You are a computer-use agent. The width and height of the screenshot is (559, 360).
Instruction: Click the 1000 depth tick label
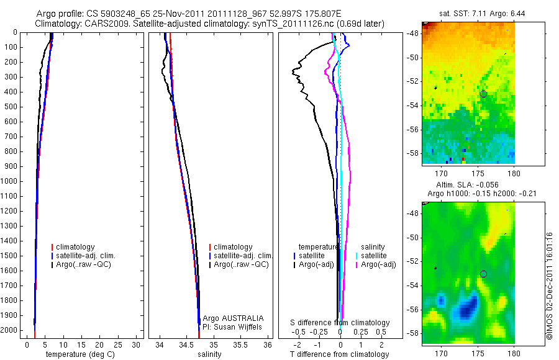[11, 181]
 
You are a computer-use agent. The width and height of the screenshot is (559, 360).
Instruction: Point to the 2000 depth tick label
[11, 330]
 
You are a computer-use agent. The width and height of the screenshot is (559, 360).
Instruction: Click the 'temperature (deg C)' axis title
[79, 354]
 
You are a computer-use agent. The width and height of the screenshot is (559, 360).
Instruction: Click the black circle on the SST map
[483, 94]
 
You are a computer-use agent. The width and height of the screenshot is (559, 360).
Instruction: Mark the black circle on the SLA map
[483, 274]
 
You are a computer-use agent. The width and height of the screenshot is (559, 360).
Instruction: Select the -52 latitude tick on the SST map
[412, 81]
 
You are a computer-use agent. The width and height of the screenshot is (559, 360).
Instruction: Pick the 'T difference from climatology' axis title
[339, 354]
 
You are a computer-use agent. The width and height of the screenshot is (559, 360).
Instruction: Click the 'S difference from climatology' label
[340, 323]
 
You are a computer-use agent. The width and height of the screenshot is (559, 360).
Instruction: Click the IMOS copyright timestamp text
[549, 286]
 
